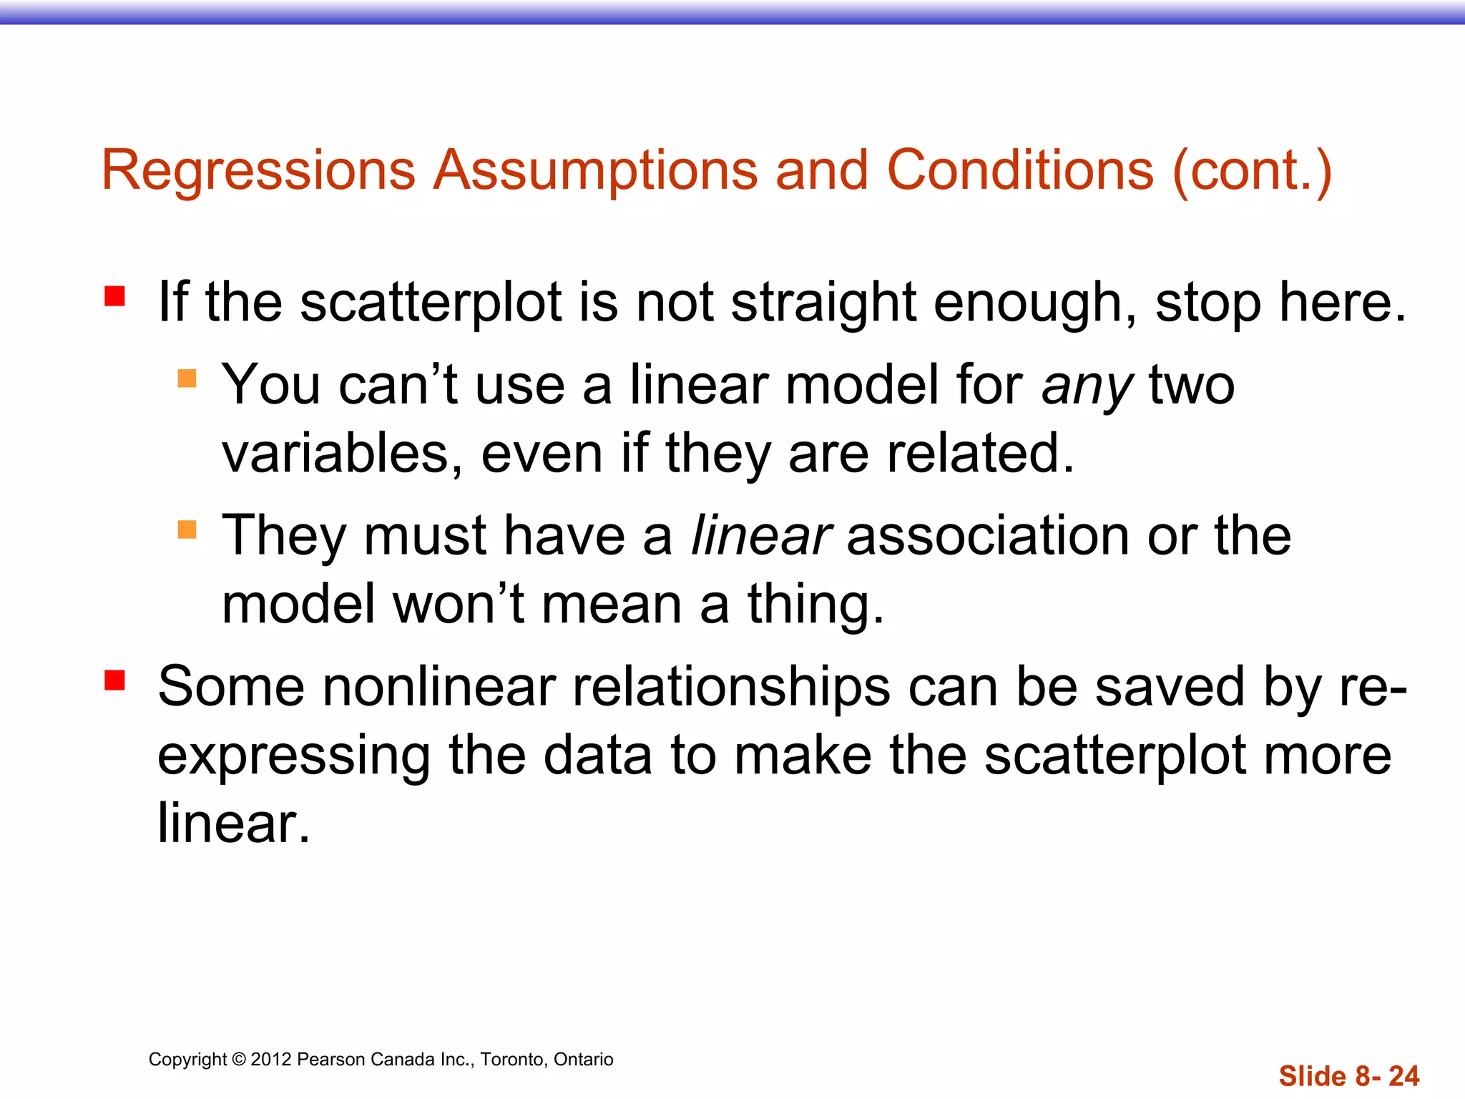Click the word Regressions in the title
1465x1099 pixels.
pyautogui.click(x=258, y=170)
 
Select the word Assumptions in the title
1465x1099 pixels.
pyautogui.click(x=596, y=170)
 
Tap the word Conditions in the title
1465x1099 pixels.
pyautogui.click(x=1020, y=170)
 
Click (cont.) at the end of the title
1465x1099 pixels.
pyautogui.click(x=1252, y=170)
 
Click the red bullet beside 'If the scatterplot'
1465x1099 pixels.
pyautogui.click(x=114, y=295)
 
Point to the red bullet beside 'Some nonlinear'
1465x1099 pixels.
pyautogui.click(x=114, y=680)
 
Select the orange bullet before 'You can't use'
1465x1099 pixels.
pyautogui.click(x=187, y=378)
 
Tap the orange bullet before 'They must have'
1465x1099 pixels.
pyautogui.click(x=187, y=529)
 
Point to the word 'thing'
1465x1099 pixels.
pyautogui.click(x=815, y=605)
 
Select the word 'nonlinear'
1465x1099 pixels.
pyautogui.click(x=439, y=687)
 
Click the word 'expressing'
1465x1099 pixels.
pyautogui.click(x=293, y=757)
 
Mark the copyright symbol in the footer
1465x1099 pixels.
pyautogui.click(x=239, y=1060)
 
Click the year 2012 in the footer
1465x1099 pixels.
pyautogui.click(x=271, y=1060)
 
